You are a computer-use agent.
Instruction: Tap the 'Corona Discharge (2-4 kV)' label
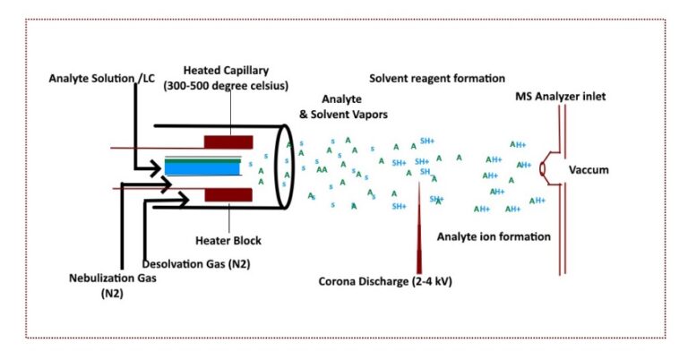(385, 281)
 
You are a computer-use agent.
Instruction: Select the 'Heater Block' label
(228, 239)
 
